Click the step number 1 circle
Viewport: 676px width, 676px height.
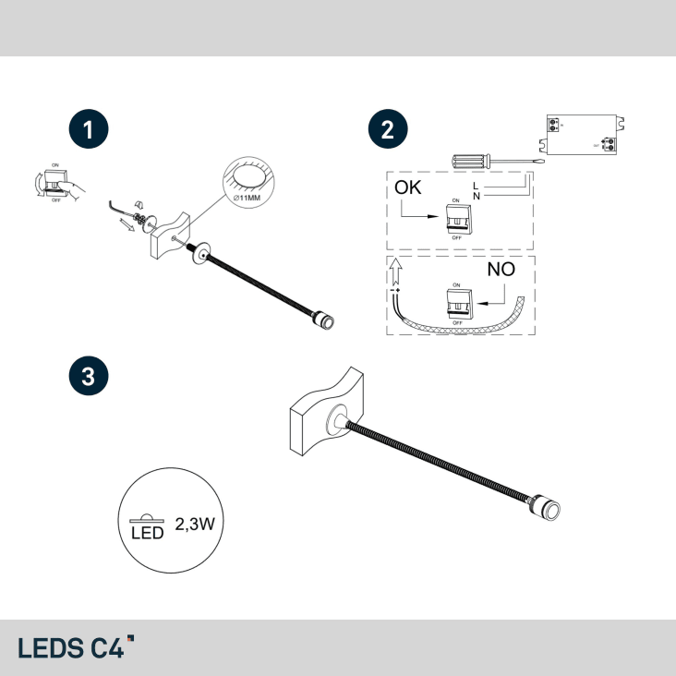coord(89,130)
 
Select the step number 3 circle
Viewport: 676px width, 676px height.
coord(89,376)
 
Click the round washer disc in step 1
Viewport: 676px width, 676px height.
coord(199,251)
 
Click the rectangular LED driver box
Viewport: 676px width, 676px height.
coord(584,134)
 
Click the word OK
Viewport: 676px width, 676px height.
coord(408,187)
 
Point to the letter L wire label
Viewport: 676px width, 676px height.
coord(476,186)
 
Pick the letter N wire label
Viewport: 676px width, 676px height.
coord(476,196)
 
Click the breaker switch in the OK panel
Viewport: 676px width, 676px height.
coord(457,220)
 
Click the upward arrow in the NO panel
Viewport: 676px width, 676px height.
coord(395,270)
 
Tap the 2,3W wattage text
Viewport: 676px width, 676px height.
coord(195,524)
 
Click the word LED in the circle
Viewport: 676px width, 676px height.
coord(147,532)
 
